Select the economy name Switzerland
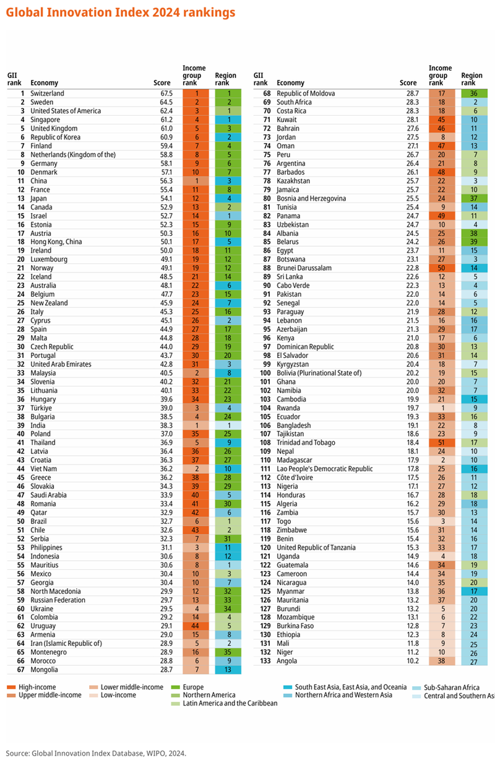point(47,94)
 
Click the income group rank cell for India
point(196,426)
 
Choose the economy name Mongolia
point(45,670)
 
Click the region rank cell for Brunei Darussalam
point(473,268)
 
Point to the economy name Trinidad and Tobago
point(306,443)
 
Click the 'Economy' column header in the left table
point(44,83)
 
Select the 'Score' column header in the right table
point(408,83)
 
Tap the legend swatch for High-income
point(11,687)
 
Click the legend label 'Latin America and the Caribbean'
point(230,703)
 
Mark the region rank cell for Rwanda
point(473,408)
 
